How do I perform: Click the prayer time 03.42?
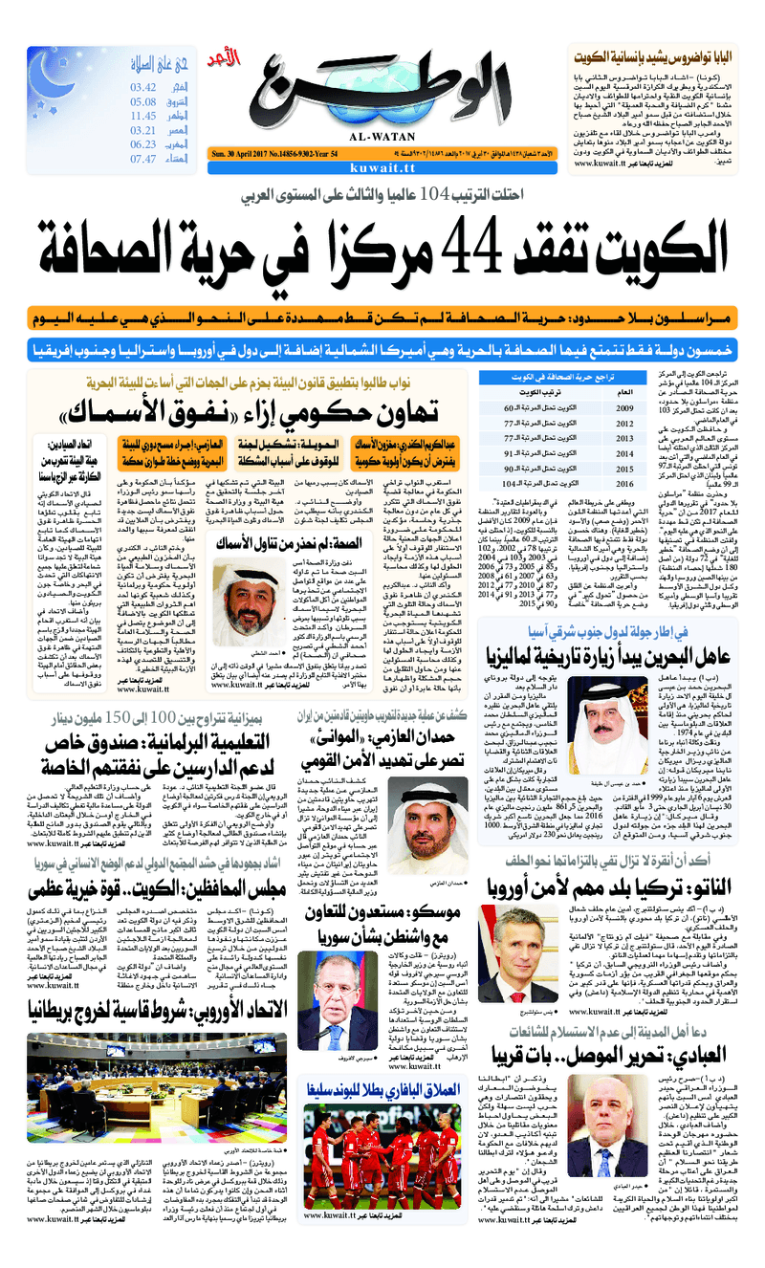tap(142, 88)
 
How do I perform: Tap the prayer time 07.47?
tap(142, 159)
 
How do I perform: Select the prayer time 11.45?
tap(142, 116)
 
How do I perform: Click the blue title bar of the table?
tap(557, 377)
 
